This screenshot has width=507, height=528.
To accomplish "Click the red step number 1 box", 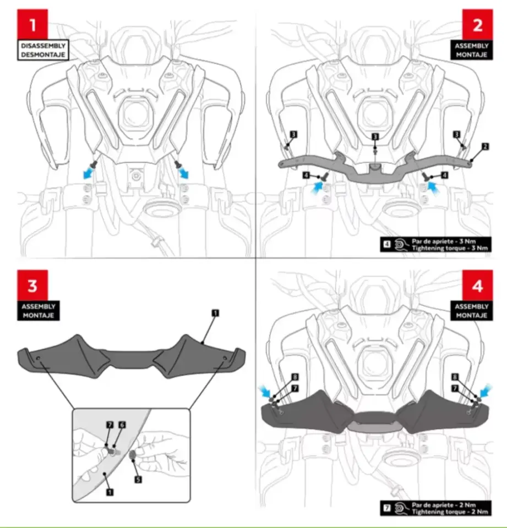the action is tap(32, 24).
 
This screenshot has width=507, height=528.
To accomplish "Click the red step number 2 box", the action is tap(477, 24).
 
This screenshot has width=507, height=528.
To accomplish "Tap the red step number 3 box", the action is tap(32, 285).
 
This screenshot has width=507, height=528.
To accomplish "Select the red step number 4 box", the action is tap(477, 285).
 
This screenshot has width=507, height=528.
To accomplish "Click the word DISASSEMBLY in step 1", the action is tap(43, 46).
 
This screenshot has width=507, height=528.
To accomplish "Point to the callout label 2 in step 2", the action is tap(485, 146).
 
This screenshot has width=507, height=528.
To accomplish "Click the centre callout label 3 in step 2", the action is tap(375, 136).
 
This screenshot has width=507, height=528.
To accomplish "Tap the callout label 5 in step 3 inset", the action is tap(138, 479).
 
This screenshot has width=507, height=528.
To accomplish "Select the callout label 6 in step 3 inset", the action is tap(122, 425).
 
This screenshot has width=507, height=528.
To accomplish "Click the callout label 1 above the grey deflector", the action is tap(215, 313).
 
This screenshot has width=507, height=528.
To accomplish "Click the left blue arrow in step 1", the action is tap(89, 174).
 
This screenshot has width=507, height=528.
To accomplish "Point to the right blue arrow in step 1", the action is tap(184, 173).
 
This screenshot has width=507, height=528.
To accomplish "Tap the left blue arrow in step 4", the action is tap(265, 392).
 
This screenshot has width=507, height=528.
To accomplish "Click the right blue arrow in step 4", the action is tap(486, 392).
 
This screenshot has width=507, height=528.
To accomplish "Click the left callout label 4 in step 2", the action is tap(306, 175).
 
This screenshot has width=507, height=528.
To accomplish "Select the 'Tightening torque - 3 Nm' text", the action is tap(450, 248).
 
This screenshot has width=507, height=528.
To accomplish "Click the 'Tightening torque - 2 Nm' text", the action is tap(450, 512).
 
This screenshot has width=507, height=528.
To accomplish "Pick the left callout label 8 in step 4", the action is tap(295, 377).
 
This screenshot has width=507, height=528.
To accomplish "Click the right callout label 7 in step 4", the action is tap(455, 388).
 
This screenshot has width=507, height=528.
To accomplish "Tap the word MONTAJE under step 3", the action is tap(39, 316).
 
